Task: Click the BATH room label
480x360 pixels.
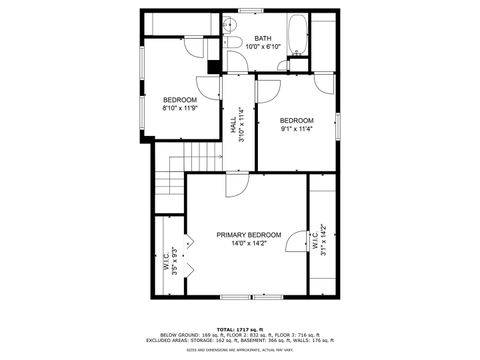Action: pos(261,38)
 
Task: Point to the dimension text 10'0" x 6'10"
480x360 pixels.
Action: pos(261,46)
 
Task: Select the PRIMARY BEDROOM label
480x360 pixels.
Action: pos(249,235)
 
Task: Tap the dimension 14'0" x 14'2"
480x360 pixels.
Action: pos(249,243)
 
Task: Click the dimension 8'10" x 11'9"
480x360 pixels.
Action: pos(180,108)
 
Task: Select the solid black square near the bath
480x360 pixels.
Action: pos(212,68)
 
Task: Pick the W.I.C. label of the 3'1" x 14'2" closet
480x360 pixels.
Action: pos(314,241)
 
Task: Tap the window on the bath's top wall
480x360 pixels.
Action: pos(251,11)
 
